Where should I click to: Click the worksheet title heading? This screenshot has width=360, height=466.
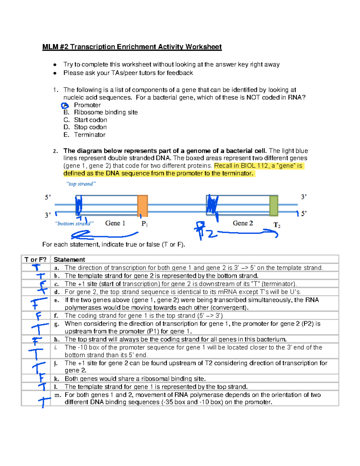(132, 47)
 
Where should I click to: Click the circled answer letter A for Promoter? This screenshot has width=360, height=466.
(64, 105)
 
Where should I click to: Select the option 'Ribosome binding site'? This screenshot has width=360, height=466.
(106, 112)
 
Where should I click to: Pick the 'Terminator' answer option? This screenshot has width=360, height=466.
(90, 135)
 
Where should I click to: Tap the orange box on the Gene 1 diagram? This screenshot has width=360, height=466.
(142, 206)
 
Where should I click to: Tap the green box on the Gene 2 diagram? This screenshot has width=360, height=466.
(274, 206)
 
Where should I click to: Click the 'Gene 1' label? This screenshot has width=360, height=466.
(115, 223)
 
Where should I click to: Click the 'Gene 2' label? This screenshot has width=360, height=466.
(243, 223)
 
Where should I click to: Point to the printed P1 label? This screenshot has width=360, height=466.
(145, 224)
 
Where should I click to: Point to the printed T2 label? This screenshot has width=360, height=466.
(277, 225)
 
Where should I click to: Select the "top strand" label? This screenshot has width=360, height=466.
(81, 184)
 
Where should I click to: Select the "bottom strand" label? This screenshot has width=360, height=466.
(74, 224)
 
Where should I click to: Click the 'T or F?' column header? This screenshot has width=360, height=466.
(35, 260)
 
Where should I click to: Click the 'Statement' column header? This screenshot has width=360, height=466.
(69, 260)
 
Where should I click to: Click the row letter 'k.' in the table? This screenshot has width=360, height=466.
(56, 379)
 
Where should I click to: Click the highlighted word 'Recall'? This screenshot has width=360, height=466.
(223, 166)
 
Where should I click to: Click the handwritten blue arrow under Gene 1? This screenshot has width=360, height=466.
(102, 234)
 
